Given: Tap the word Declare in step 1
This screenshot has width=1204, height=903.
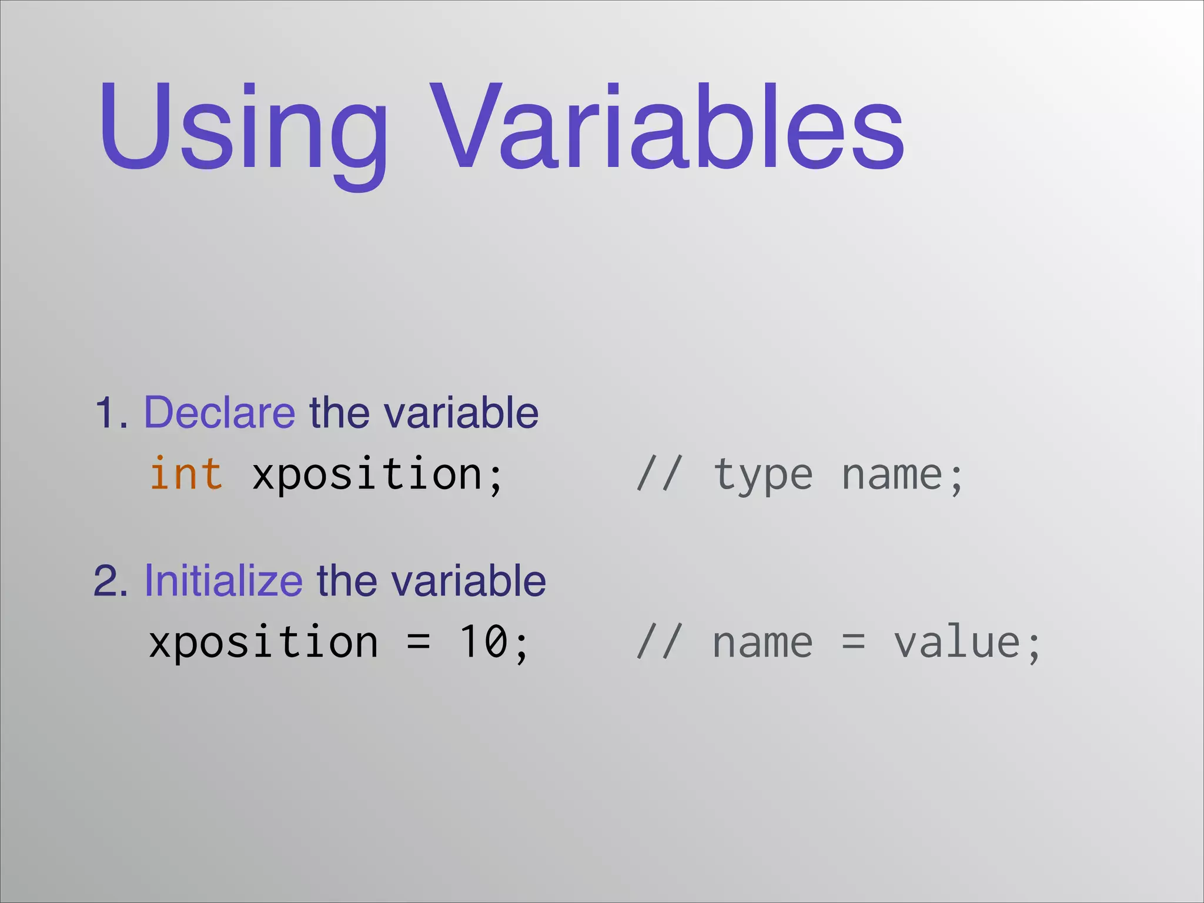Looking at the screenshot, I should [219, 413].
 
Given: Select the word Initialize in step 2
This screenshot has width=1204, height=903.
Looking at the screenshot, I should [223, 581].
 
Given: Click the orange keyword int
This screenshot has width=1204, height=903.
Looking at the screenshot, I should [186, 474].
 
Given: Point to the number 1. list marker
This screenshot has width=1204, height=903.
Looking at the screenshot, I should [111, 413].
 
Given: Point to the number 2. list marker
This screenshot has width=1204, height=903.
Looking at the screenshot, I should [111, 581].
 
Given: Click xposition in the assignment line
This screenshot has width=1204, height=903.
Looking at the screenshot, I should [263, 643].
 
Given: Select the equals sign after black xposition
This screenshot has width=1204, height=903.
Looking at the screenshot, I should [419, 642].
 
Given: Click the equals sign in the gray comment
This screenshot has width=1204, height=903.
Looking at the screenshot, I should [854, 642].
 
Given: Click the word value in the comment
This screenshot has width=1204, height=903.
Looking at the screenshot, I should [958, 643].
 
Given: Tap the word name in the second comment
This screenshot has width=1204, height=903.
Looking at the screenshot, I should [763, 643].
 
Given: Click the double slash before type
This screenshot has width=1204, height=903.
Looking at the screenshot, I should [660, 474].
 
